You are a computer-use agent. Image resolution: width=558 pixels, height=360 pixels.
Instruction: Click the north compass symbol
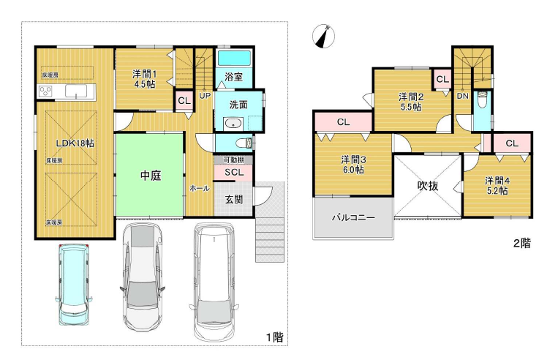pos(323,36)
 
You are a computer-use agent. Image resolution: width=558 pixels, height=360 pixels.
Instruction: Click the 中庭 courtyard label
pos(151,175)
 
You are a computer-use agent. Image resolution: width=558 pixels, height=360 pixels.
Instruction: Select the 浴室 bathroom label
pos(234,77)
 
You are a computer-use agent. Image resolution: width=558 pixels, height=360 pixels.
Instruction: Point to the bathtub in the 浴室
pos(233,59)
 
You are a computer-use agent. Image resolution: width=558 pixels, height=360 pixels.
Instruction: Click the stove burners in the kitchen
pos(45,91)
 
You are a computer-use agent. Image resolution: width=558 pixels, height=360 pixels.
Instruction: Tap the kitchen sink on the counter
pos(76,91)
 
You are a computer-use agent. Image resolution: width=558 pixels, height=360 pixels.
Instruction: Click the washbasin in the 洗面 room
pos(233,124)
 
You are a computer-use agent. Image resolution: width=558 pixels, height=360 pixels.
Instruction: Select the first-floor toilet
pos(245,143)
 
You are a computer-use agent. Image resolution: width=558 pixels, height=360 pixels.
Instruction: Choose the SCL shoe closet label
pos(234,173)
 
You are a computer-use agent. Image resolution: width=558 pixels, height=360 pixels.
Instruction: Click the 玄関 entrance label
pos(234,199)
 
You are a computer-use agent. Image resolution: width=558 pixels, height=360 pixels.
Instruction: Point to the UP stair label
pos(205,96)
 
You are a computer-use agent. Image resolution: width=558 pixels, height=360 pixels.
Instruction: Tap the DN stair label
pos(463,96)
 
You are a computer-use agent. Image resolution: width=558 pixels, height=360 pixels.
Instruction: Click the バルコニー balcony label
pos(353,217)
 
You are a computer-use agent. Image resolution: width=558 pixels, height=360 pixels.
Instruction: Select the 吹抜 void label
pos(428,186)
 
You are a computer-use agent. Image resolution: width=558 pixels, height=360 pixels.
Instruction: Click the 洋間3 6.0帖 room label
pos(353,164)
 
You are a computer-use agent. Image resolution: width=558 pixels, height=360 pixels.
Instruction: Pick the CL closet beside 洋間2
pos(442,79)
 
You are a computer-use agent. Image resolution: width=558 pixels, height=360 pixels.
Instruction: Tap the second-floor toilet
pos(482,100)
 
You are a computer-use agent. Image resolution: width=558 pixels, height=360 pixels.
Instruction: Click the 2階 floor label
pos(521,243)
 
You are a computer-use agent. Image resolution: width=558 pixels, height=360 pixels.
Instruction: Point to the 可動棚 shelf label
pos(233,160)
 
